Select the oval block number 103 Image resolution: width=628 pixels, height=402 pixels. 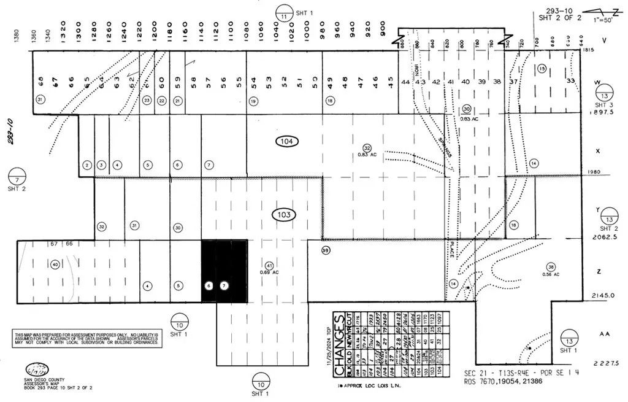tap(284, 215)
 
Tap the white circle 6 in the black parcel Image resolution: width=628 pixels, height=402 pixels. tap(209, 286)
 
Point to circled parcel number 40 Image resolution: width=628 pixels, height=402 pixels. tap(55, 265)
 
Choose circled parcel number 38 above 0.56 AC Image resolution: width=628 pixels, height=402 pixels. tap(551, 268)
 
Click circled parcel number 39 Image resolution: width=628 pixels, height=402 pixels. tap(326, 250)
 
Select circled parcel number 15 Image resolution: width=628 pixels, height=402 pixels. tap(542, 69)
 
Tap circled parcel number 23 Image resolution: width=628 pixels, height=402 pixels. tap(147, 100)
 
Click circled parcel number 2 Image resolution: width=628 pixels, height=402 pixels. tap(87, 165)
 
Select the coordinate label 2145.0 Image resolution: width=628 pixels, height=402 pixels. tap(602, 295)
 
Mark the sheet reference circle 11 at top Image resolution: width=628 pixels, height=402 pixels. tap(283, 14)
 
